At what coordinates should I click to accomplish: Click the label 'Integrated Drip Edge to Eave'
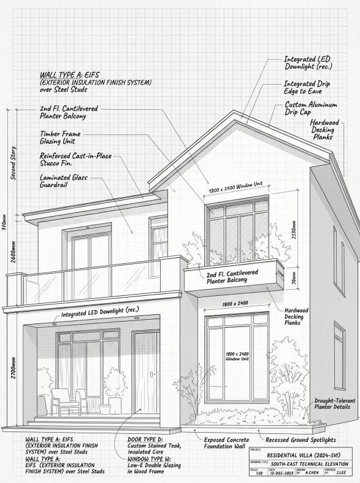[307, 88]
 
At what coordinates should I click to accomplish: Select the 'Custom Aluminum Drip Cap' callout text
[311, 109]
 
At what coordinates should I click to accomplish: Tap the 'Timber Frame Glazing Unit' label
[60, 137]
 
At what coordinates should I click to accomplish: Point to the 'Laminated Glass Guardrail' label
[64, 181]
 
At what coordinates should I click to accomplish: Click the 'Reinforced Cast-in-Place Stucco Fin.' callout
[75, 159]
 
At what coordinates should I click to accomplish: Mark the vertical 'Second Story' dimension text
[13, 163]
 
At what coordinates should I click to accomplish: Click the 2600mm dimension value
[13, 252]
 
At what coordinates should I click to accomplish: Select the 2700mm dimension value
[13, 368]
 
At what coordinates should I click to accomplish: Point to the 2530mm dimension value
[294, 230]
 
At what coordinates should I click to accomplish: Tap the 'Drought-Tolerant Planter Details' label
[335, 404]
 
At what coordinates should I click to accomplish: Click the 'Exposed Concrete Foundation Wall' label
[226, 443]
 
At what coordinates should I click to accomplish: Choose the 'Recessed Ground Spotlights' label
[301, 440]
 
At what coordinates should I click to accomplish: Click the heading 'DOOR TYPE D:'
[145, 439]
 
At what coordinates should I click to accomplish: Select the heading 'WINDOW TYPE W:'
[150, 459]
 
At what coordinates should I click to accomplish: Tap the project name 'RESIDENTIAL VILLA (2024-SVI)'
[304, 455]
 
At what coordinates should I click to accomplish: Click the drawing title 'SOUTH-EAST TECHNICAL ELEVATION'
[310, 464]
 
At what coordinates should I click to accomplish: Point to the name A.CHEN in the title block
[312, 473]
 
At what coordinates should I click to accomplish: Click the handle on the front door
[151, 374]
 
